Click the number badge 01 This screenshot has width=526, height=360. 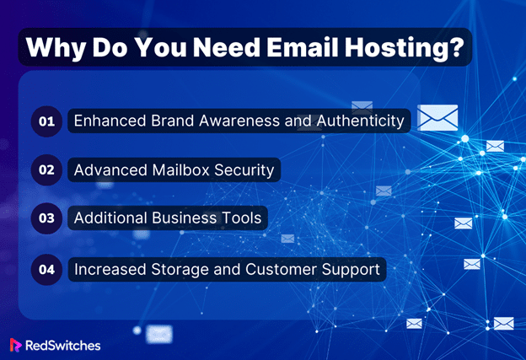(x=46, y=121)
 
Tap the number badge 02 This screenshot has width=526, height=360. (x=46, y=169)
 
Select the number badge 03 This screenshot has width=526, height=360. (x=46, y=218)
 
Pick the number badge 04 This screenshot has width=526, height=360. (x=46, y=270)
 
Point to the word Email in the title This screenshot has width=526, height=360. (x=303, y=47)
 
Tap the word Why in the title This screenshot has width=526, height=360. (x=56, y=49)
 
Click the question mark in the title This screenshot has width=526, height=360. (x=456, y=47)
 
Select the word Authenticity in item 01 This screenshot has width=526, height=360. (x=361, y=121)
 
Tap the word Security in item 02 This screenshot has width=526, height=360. (x=244, y=170)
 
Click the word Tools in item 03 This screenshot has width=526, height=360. (x=242, y=218)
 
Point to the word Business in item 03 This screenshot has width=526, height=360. (x=185, y=218)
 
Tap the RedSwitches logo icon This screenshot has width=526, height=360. (x=15, y=345)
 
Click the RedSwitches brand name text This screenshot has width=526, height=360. (x=62, y=346)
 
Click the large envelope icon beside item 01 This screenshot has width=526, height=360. (x=437, y=118)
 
